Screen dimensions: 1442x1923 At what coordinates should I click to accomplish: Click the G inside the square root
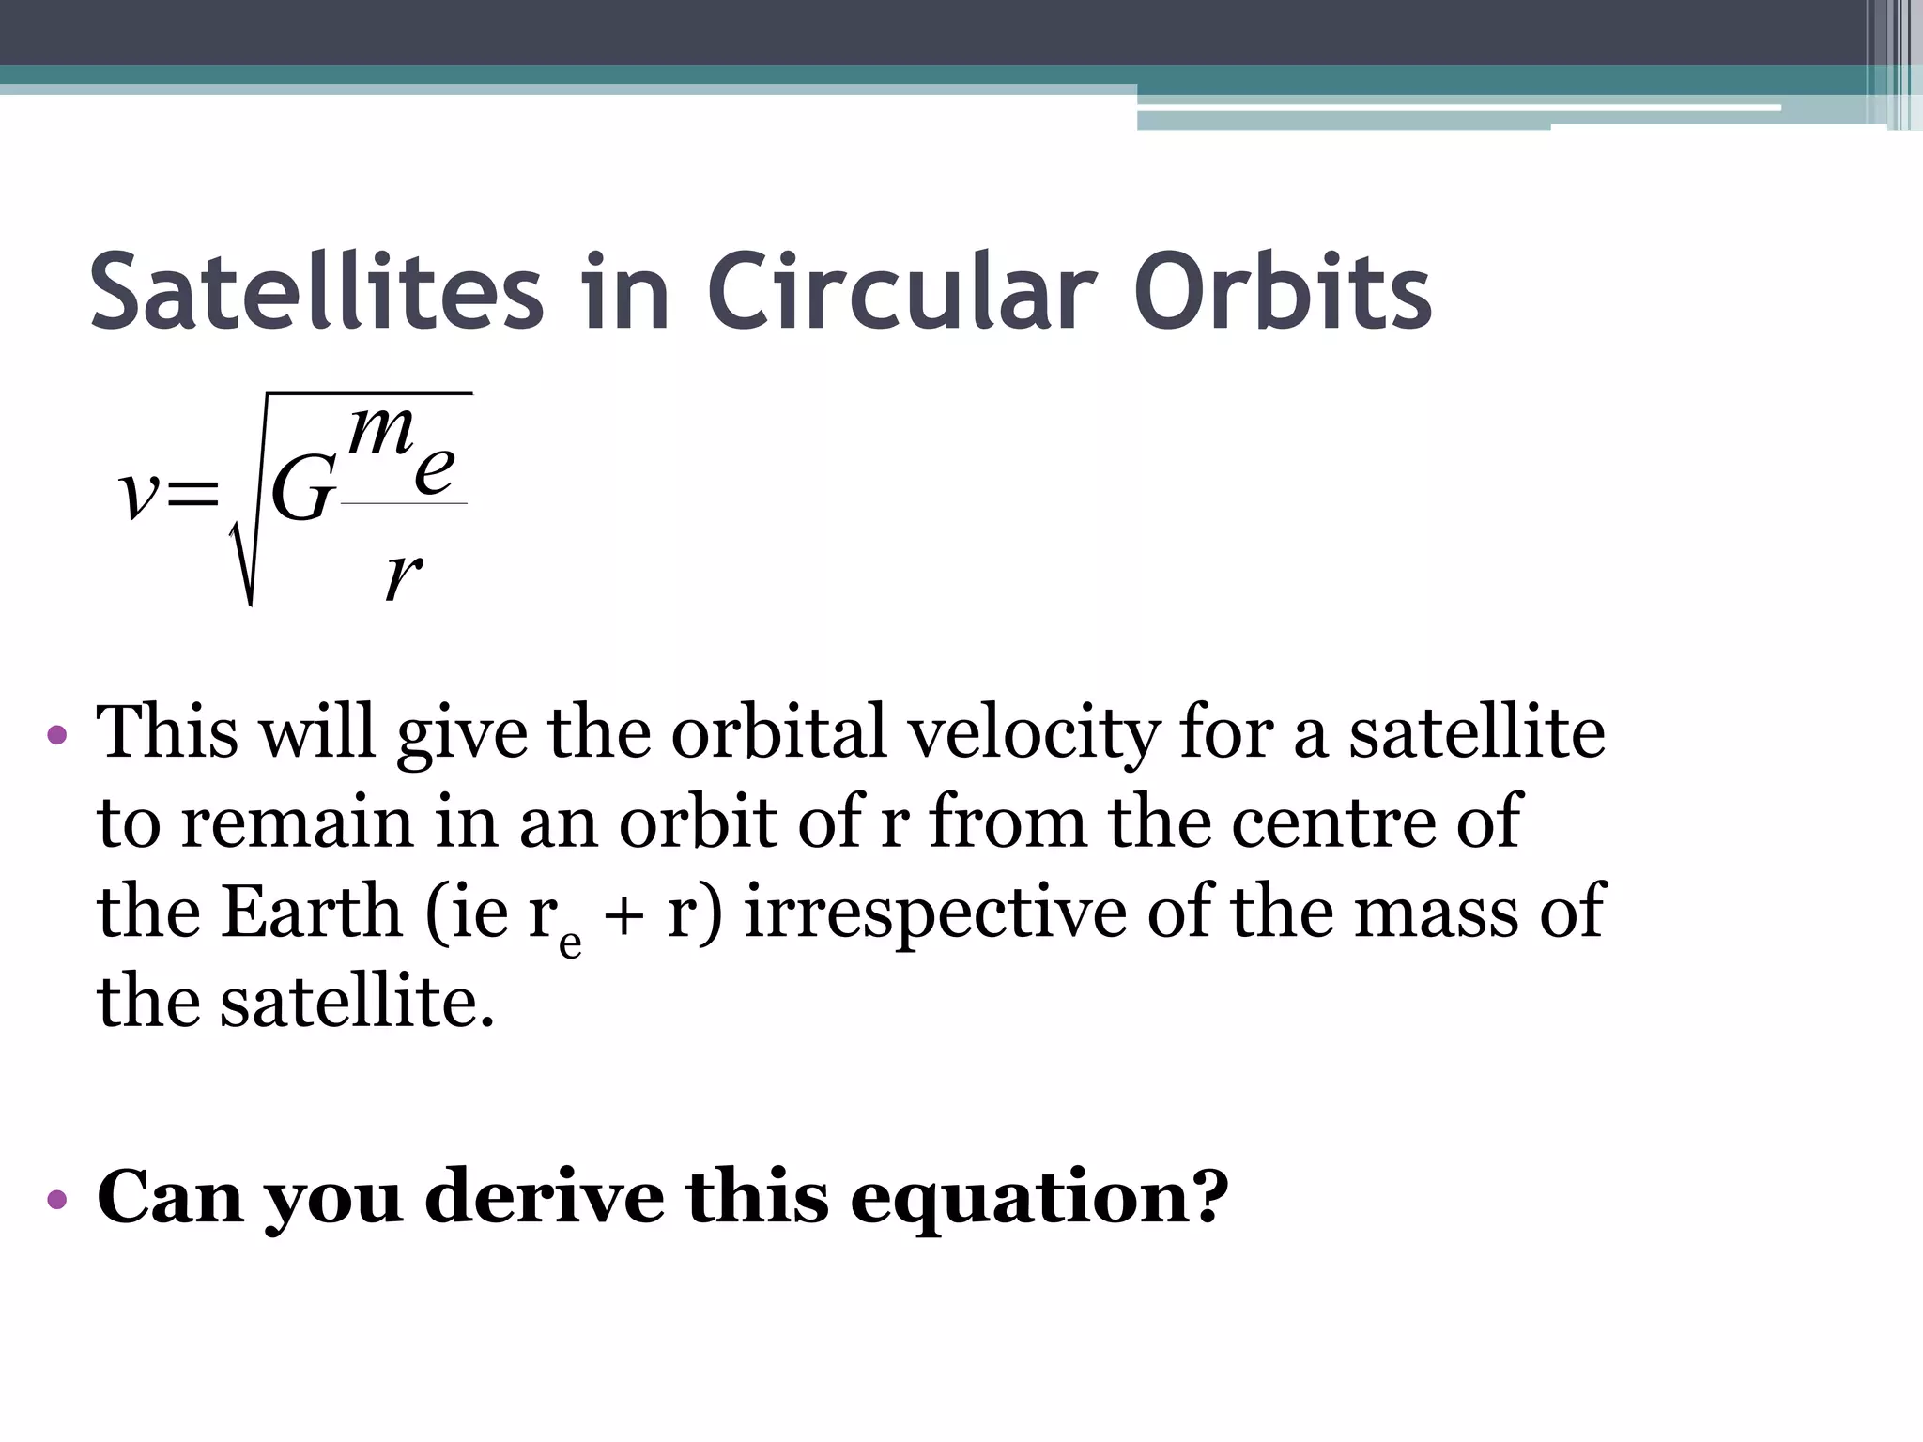click(301, 490)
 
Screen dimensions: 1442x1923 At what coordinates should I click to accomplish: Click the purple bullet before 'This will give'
click(57, 734)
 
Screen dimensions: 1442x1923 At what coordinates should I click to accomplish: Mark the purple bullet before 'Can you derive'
click(57, 1199)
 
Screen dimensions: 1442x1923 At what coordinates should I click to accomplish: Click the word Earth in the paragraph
click(311, 912)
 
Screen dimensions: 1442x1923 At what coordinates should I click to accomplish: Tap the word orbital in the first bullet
click(778, 732)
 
